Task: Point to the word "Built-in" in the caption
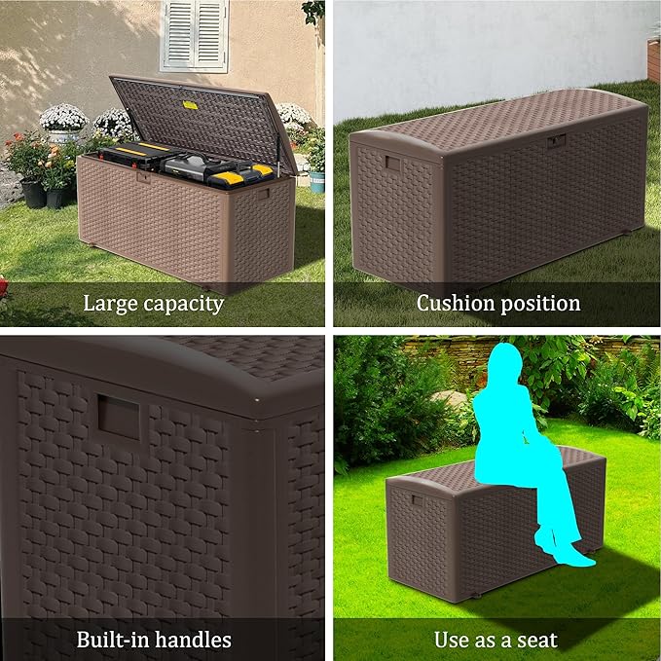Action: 114,639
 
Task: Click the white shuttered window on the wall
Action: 194,35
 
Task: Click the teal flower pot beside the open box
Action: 317,181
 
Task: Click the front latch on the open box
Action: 142,177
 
